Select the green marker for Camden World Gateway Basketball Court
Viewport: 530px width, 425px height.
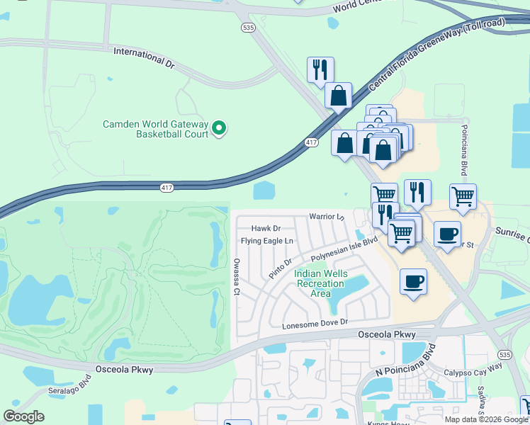tap(219, 128)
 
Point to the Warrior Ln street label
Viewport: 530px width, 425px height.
tap(326, 216)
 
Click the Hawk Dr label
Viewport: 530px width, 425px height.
tap(266, 228)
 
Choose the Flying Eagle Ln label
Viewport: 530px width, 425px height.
tap(267, 241)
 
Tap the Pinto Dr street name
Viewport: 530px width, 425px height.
tap(280, 269)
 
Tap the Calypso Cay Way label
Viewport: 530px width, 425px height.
tap(473, 365)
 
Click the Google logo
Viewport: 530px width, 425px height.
tap(23, 416)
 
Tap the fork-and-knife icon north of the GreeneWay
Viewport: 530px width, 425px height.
tap(320, 69)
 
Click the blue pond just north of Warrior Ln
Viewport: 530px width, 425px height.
tap(263, 190)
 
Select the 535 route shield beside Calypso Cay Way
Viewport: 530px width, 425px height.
tap(504, 353)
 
